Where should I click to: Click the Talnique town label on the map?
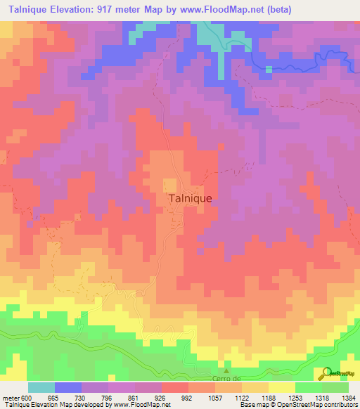point(191,199)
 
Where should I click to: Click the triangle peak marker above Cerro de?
point(226,370)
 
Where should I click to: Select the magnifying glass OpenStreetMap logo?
point(326,373)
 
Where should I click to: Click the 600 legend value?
point(27,398)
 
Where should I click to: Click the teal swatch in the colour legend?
point(41,387)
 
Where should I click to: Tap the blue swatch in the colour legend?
point(67,387)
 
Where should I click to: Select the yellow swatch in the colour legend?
point(281,387)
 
